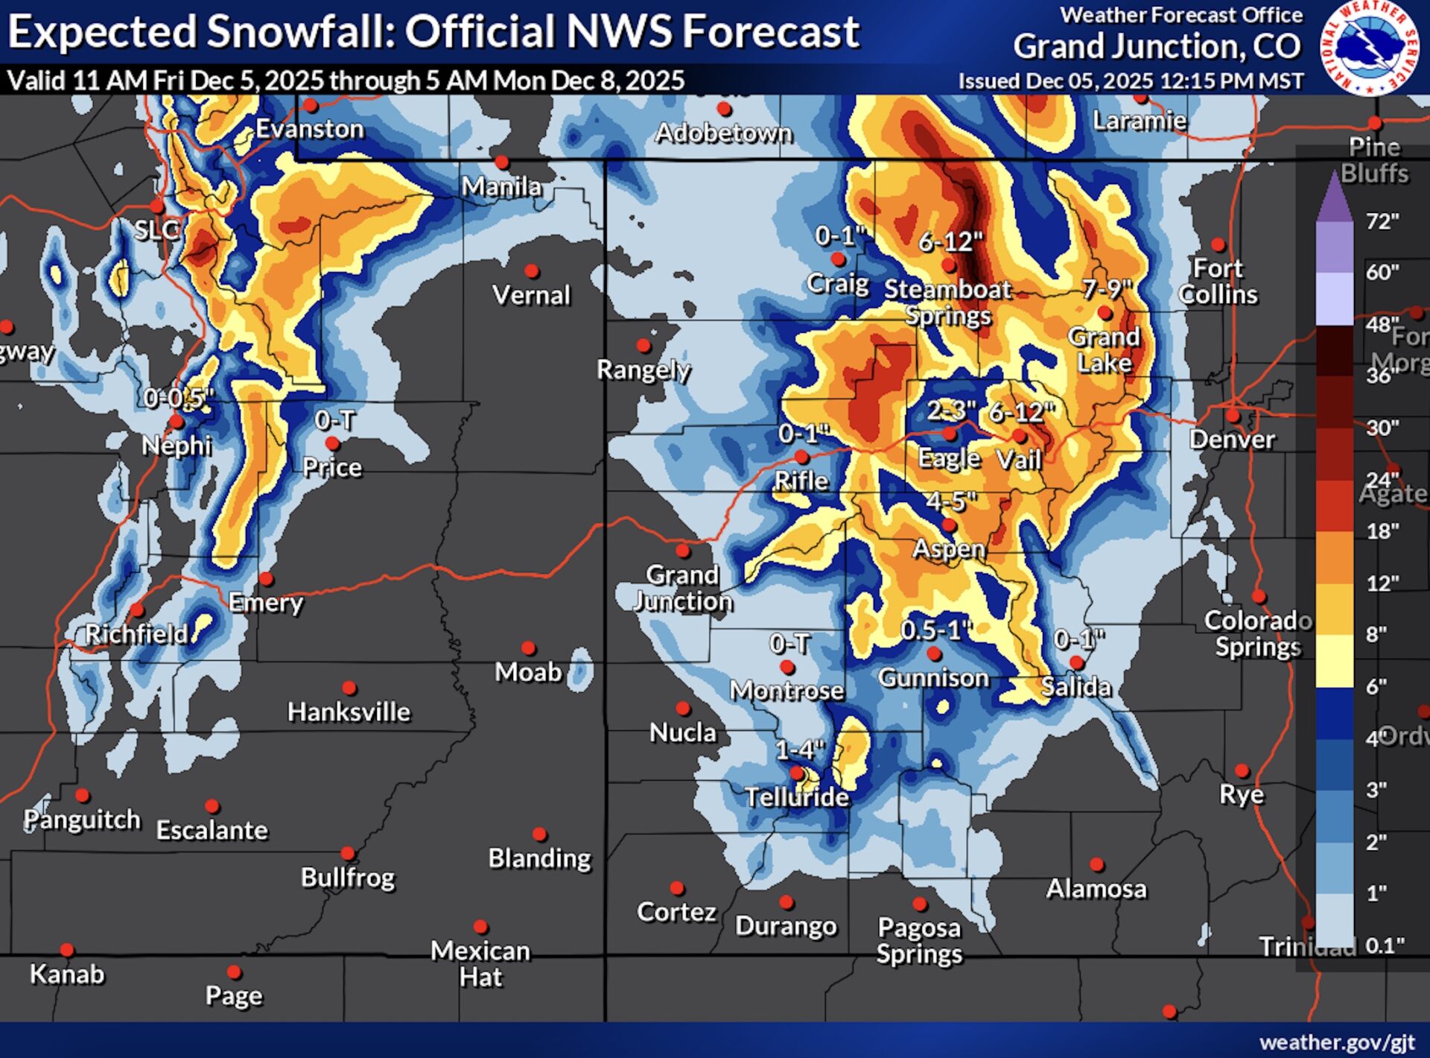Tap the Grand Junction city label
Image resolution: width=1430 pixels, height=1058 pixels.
(683, 588)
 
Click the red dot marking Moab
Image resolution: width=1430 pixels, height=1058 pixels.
(528, 648)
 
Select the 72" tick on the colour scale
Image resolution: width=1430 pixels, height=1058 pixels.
(1382, 221)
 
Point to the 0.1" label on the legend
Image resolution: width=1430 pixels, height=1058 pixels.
(1385, 945)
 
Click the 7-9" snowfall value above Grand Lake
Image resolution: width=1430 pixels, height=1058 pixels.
(1107, 288)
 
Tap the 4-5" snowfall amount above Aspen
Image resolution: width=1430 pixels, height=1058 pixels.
(951, 501)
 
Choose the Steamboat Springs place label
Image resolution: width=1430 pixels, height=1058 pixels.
(947, 302)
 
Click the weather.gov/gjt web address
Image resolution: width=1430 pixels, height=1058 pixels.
(1337, 1042)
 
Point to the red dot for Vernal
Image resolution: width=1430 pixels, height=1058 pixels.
(532, 271)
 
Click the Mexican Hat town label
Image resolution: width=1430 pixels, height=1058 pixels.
(480, 963)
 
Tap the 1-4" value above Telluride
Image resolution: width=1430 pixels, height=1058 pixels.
(800, 749)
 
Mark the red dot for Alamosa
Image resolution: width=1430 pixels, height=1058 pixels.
(1096, 865)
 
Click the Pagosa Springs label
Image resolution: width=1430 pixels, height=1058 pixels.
(919, 940)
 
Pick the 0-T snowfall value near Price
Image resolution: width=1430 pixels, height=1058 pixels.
(334, 420)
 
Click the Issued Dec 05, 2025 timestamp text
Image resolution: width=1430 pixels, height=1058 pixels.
(1131, 80)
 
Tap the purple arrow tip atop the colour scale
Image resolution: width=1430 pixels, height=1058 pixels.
(1334, 183)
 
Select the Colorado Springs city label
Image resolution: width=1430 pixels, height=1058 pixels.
(1258, 633)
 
